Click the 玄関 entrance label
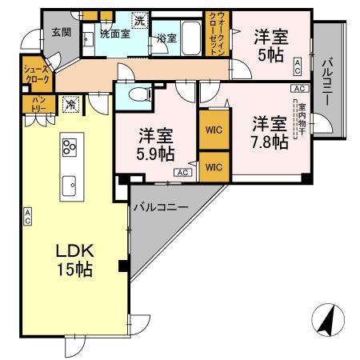pos(61,33)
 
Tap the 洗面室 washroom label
pos(114,34)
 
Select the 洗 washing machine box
pos(139,21)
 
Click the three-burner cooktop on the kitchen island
pos(69,146)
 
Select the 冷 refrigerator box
pos(71,104)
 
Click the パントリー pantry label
pos(38,103)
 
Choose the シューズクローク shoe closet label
pos(38,75)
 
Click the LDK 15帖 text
pos(74,261)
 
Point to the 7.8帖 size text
pos(270,142)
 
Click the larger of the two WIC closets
pos(213,129)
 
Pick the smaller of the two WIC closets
pos(213,167)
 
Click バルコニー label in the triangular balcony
pos(160,207)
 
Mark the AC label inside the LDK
pos(28,215)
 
